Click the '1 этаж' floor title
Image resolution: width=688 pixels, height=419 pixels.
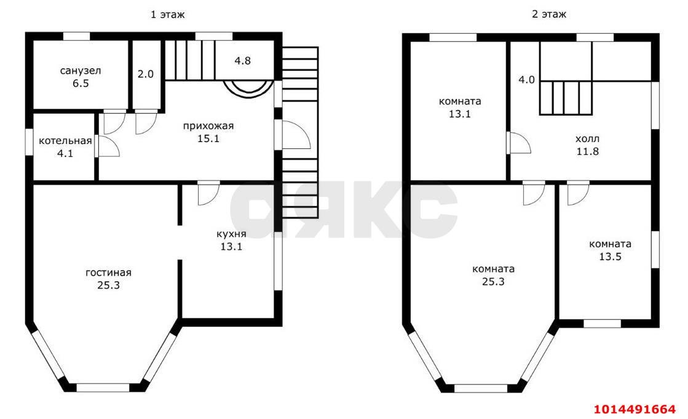coord(168,15)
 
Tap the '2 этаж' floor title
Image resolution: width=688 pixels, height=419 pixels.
coord(549,14)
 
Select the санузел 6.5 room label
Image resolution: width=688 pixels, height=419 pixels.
coord(81,77)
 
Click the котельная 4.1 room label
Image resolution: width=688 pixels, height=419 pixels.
coord(65,147)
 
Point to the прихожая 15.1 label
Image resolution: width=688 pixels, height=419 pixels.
coord(208,132)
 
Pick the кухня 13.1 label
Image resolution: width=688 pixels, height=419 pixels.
coord(231,240)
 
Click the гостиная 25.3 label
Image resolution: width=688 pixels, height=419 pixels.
coord(108,279)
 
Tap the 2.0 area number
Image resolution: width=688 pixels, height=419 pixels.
coord(146,74)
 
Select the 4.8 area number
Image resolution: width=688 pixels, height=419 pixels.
coord(242,61)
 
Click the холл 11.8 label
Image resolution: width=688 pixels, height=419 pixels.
coord(588,145)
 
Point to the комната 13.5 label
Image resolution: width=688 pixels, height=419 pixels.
coord(611,250)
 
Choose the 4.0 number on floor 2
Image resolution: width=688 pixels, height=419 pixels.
coord(526,80)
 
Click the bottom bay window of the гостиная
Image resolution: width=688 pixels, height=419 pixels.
coord(103,388)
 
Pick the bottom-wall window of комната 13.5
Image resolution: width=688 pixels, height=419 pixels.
coord(602,324)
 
